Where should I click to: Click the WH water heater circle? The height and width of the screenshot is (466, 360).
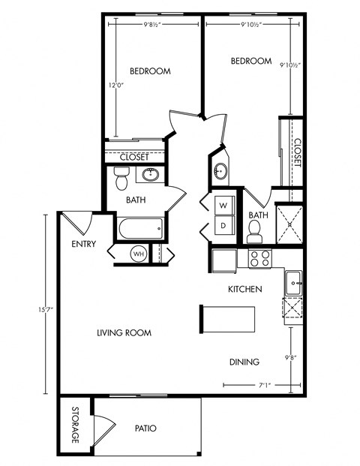coord(139,254)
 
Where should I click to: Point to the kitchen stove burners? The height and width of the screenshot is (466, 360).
coord(259,259)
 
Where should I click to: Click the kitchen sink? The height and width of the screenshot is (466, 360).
coord(292,283)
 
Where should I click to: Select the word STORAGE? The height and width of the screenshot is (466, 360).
coord(76,425)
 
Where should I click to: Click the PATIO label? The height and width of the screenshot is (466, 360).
coord(145,428)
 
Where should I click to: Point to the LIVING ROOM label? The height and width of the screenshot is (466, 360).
coord(124,332)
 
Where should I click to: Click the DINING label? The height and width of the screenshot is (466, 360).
coord(244,362)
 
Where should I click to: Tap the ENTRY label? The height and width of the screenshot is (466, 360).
coord(83,244)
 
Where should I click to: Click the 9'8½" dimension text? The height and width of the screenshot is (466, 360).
coord(157,25)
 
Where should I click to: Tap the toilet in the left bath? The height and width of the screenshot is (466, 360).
coord(121,179)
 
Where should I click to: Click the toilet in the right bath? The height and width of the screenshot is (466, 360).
coord(254,235)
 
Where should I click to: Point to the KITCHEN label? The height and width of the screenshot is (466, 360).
coord(244,289)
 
